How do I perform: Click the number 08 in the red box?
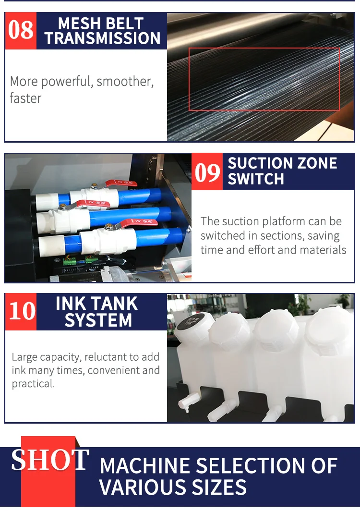click(x=21, y=31)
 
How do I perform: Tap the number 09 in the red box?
click(x=207, y=172)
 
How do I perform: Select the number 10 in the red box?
click(x=21, y=311)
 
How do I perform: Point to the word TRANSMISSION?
click(x=102, y=38)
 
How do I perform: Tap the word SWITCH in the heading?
click(x=256, y=179)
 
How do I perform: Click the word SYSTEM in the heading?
click(x=98, y=320)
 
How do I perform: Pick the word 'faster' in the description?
click(x=25, y=98)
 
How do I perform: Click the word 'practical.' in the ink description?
click(x=33, y=384)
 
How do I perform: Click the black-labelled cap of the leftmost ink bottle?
click(x=189, y=321)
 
